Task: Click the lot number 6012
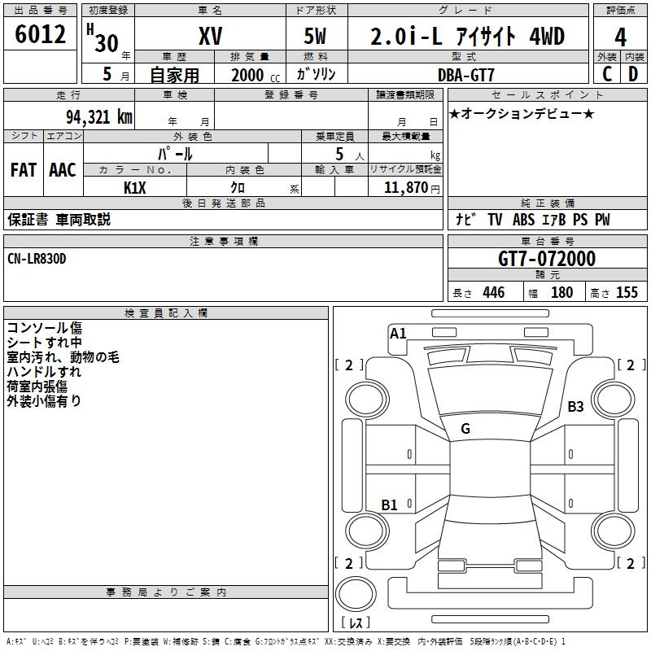[x=41, y=35]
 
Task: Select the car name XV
[x=210, y=37]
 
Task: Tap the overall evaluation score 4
[x=620, y=37]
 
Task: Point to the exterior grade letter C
[x=606, y=74]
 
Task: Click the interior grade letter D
[x=633, y=74]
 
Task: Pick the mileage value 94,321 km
[x=98, y=116]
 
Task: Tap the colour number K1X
[x=134, y=187]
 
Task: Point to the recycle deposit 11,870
[x=404, y=187]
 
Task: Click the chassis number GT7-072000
[x=546, y=259]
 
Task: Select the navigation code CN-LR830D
[x=37, y=258]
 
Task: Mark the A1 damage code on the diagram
[x=398, y=332]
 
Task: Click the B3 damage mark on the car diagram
[x=575, y=406]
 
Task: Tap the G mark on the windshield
[x=465, y=429]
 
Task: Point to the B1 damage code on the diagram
[x=390, y=505]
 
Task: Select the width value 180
[x=561, y=292]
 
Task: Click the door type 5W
[x=315, y=37]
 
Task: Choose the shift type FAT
[x=23, y=170]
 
